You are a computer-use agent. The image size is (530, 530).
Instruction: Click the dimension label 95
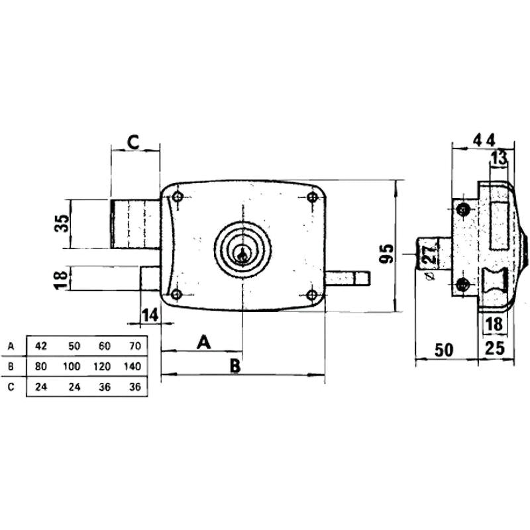tap(388, 254)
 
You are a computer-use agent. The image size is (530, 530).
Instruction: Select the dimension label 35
tap(62, 223)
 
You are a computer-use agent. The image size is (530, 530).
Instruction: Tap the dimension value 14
tap(150, 315)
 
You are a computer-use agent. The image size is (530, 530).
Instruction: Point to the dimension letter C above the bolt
tap(133, 141)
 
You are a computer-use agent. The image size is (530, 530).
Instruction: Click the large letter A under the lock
tap(205, 342)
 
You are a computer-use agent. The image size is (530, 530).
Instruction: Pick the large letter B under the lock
tap(234, 366)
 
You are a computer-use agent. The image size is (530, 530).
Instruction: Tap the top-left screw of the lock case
tap(177, 197)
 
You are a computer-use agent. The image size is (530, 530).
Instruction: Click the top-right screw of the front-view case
tap(312, 197)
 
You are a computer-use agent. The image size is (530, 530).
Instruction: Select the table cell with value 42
tap(42, 346)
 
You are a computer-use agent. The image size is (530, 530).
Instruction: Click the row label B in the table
tap(10, 366)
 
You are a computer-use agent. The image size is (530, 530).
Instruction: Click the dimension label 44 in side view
tap(483, 140)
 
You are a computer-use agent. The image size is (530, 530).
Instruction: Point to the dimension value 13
tap(499, 158)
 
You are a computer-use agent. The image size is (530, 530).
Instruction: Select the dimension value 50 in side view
tap(444, 349)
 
